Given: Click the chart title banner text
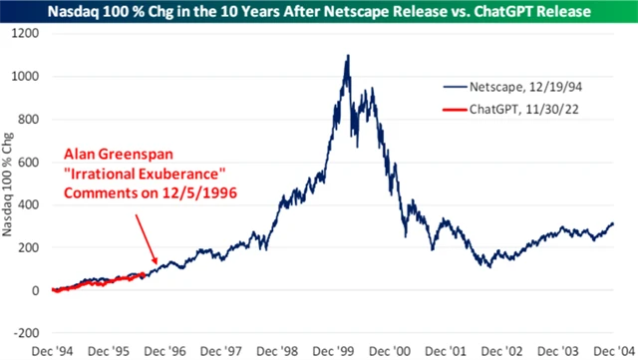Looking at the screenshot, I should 319,11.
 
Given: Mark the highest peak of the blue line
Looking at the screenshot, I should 348,56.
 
